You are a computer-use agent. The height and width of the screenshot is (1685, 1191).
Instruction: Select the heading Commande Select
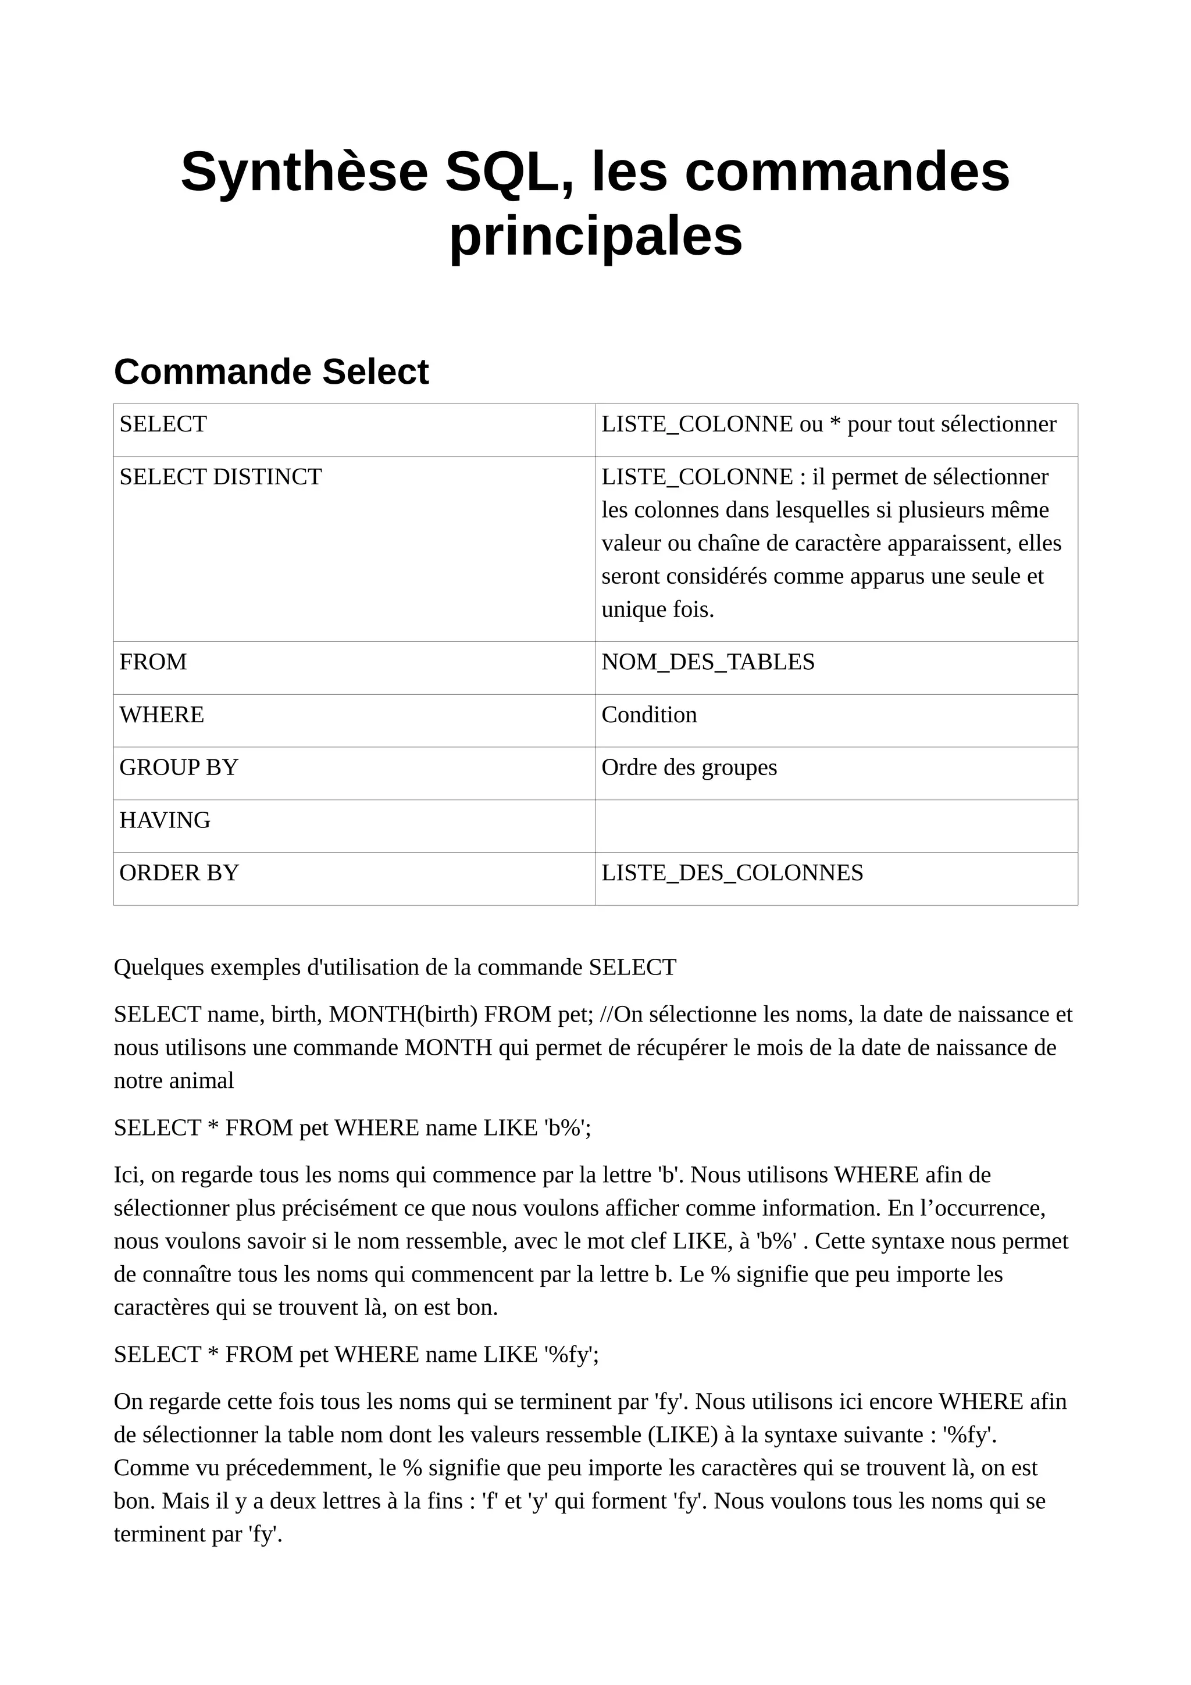click(271, 372)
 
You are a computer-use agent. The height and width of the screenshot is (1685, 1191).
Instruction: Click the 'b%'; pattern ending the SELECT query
click(567, 1128)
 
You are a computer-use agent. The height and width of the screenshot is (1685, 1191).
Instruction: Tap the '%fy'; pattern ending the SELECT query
click(571, 1355)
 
